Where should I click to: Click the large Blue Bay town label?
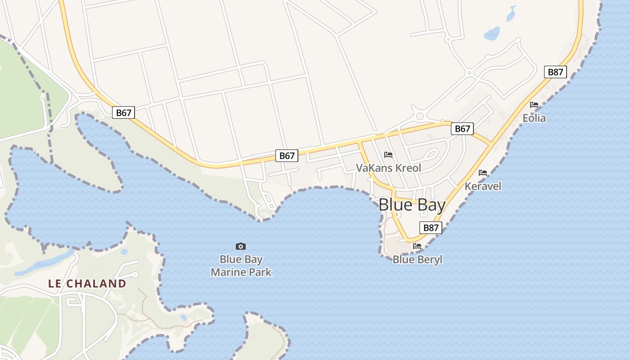pyautogui.click(x=412, y=205)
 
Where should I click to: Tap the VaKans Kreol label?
pyautogui.click(x=388, y=168)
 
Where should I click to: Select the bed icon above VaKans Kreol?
pyautogui.click(x=388, y=155)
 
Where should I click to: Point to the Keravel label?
pyautogui.click(x=483, y=186)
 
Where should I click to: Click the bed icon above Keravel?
pyautogui.click(x=483, y=172)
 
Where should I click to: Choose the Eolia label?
pyautogui.click(x=534, y=118)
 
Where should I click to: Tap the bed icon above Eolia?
pyautogui.click(x=534, y=104)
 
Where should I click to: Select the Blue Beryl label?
pyautogui.click(x=418, y=260)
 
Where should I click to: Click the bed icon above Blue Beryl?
pyautogui.click(x=417, y=246)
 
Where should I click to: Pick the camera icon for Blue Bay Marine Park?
pyautogui.click(x=241, y=246)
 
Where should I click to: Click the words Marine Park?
pyautogui.click(x=241, y=272)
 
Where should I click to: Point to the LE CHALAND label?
pyautogui.click(x=87, y=283)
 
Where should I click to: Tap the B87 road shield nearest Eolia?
pyautogui.click(x=555, y=72)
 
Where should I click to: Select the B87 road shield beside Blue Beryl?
pyautogui.click(x=431, y=228)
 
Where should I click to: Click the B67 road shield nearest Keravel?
pyautogui.click(x=462, y=129)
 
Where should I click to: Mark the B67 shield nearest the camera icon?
pyautogui.click(x=287, y=156)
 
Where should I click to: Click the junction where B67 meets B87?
pyautogui.click(x=491, y=144)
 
